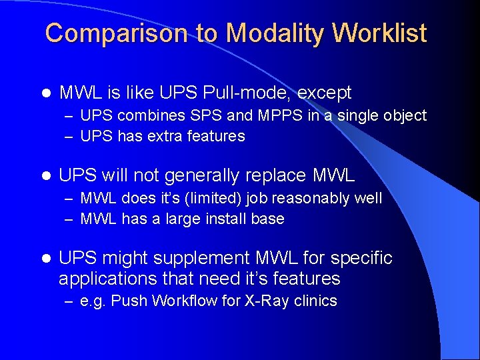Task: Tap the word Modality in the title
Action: [x=263, y=33]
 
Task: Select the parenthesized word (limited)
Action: [x=215, y=199]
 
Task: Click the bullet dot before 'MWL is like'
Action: [x=46, y=93]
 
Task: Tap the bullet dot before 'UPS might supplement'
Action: [x=46, y=259]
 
